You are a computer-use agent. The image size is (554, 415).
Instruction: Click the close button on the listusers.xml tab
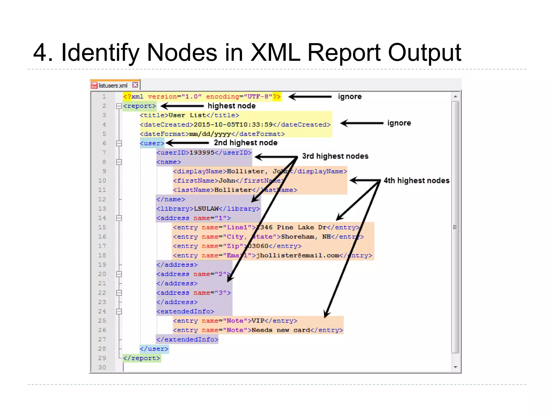tap(135, 85)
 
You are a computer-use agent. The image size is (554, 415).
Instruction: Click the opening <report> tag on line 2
tap(140, 106)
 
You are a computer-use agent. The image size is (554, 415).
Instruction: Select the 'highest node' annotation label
tap(232, 106)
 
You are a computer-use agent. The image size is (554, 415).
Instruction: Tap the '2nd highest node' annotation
tap(246, 143)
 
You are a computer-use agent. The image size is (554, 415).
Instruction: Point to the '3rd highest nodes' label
tap(335, 156)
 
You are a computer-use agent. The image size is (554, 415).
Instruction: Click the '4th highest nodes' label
tap(417, 180)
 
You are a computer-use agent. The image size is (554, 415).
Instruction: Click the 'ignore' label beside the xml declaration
tap(350, 96)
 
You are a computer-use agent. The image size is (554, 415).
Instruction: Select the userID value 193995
tap(202, 153)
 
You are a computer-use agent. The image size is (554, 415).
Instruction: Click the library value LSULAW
tap(206, 209)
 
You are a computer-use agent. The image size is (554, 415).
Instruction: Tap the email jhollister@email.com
tap(298, 256)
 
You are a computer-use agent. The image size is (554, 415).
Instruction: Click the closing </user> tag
tap(154, 349)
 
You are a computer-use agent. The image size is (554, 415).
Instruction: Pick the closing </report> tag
tap(142, 358)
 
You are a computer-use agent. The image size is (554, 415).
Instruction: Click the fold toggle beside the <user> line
tap(119, 143)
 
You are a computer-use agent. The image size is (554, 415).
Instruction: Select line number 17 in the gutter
tap(102, 246)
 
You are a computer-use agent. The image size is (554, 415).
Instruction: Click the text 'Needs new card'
tap(281, 330)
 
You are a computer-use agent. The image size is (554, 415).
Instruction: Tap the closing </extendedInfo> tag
tap(187, 340)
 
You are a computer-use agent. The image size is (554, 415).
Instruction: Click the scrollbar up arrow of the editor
tap(456, 96)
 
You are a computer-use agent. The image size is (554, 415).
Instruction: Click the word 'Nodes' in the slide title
tap(182, 53)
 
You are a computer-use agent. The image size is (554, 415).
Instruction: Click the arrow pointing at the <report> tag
tap(182, 106)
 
